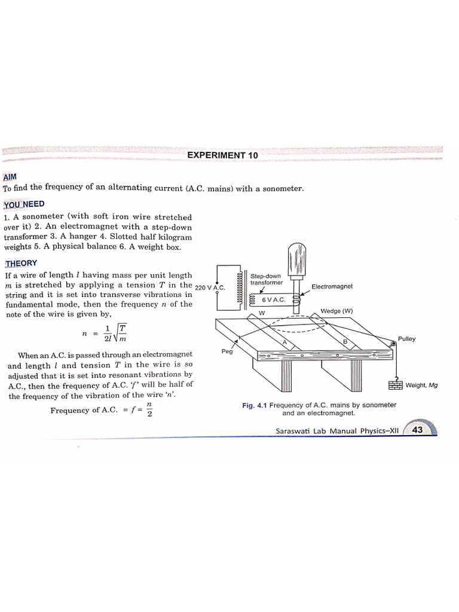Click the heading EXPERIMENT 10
[222, 155]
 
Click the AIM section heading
[10, 178]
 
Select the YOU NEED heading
[25, 204]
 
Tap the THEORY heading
[21, 263]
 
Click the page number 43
[418, 430]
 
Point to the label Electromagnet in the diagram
[332, 286]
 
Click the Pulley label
[407, 339]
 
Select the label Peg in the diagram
[227, 351]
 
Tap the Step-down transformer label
[266, 279]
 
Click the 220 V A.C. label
[209, 287]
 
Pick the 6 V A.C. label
[274, 299]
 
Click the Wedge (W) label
[338, 311]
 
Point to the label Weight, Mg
[421, 385]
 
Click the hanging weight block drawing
[395, 385]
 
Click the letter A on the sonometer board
[285, 342]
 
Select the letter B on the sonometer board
[345, 341]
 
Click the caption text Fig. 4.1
[255, 405]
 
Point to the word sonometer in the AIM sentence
[281, 189]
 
